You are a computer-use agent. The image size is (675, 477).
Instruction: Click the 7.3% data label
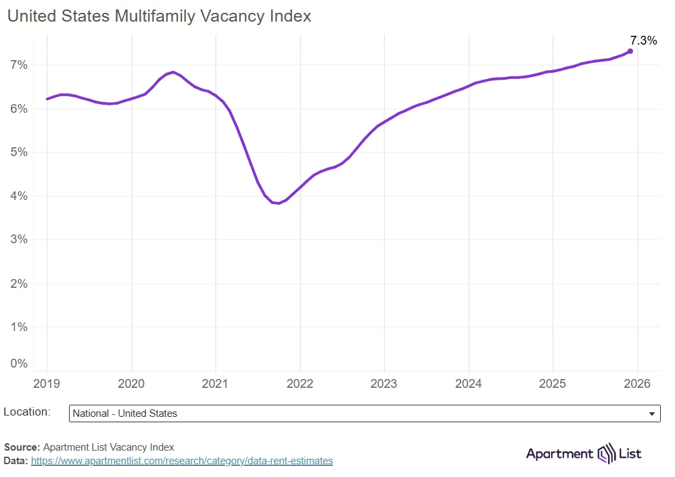tap(643, 41)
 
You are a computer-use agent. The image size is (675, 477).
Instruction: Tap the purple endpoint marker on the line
tap(630, 51)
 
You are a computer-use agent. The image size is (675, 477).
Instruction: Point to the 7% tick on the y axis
tap(18, 65)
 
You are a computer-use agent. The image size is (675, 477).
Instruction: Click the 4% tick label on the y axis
tap(18, 196)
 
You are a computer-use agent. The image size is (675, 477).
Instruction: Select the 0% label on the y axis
tap(18, 363)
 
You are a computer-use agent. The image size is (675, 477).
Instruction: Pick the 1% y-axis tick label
tap(18, 327)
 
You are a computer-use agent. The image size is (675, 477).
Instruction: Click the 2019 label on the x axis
tap(47, 384)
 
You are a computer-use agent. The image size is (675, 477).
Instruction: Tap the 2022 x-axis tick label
tap(300, 384)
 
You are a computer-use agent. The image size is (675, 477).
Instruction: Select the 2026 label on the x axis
tap(636, 384)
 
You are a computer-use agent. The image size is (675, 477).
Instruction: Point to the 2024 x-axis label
tap(468, 384)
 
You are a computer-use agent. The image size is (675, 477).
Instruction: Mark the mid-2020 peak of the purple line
tap(174, 72)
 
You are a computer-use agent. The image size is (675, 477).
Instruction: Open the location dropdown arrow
tap(651, 413)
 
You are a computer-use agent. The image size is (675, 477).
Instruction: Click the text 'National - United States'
tap(124, 413)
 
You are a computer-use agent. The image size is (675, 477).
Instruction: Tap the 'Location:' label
tap(27, 411)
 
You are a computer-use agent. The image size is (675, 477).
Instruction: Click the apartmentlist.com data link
tap(182, 461)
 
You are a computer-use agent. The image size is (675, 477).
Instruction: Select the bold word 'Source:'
tap(22, 447)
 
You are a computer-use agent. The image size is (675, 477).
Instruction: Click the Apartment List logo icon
tap(605, 453)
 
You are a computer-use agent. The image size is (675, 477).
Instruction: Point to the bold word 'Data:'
tap(16, 461)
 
